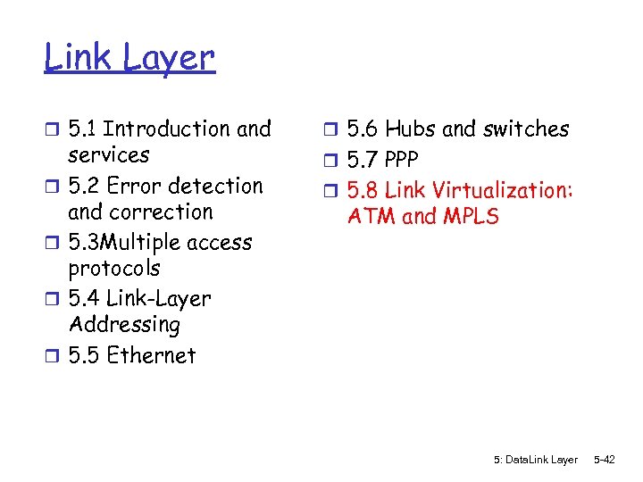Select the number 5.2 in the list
(83, 187)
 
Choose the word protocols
(113, 269)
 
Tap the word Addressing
(124, 325)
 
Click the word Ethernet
(150, 355)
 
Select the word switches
(526, 129)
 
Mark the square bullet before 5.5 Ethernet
(52, 356)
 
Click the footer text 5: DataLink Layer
(535, 460)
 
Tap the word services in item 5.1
(109, 155)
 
